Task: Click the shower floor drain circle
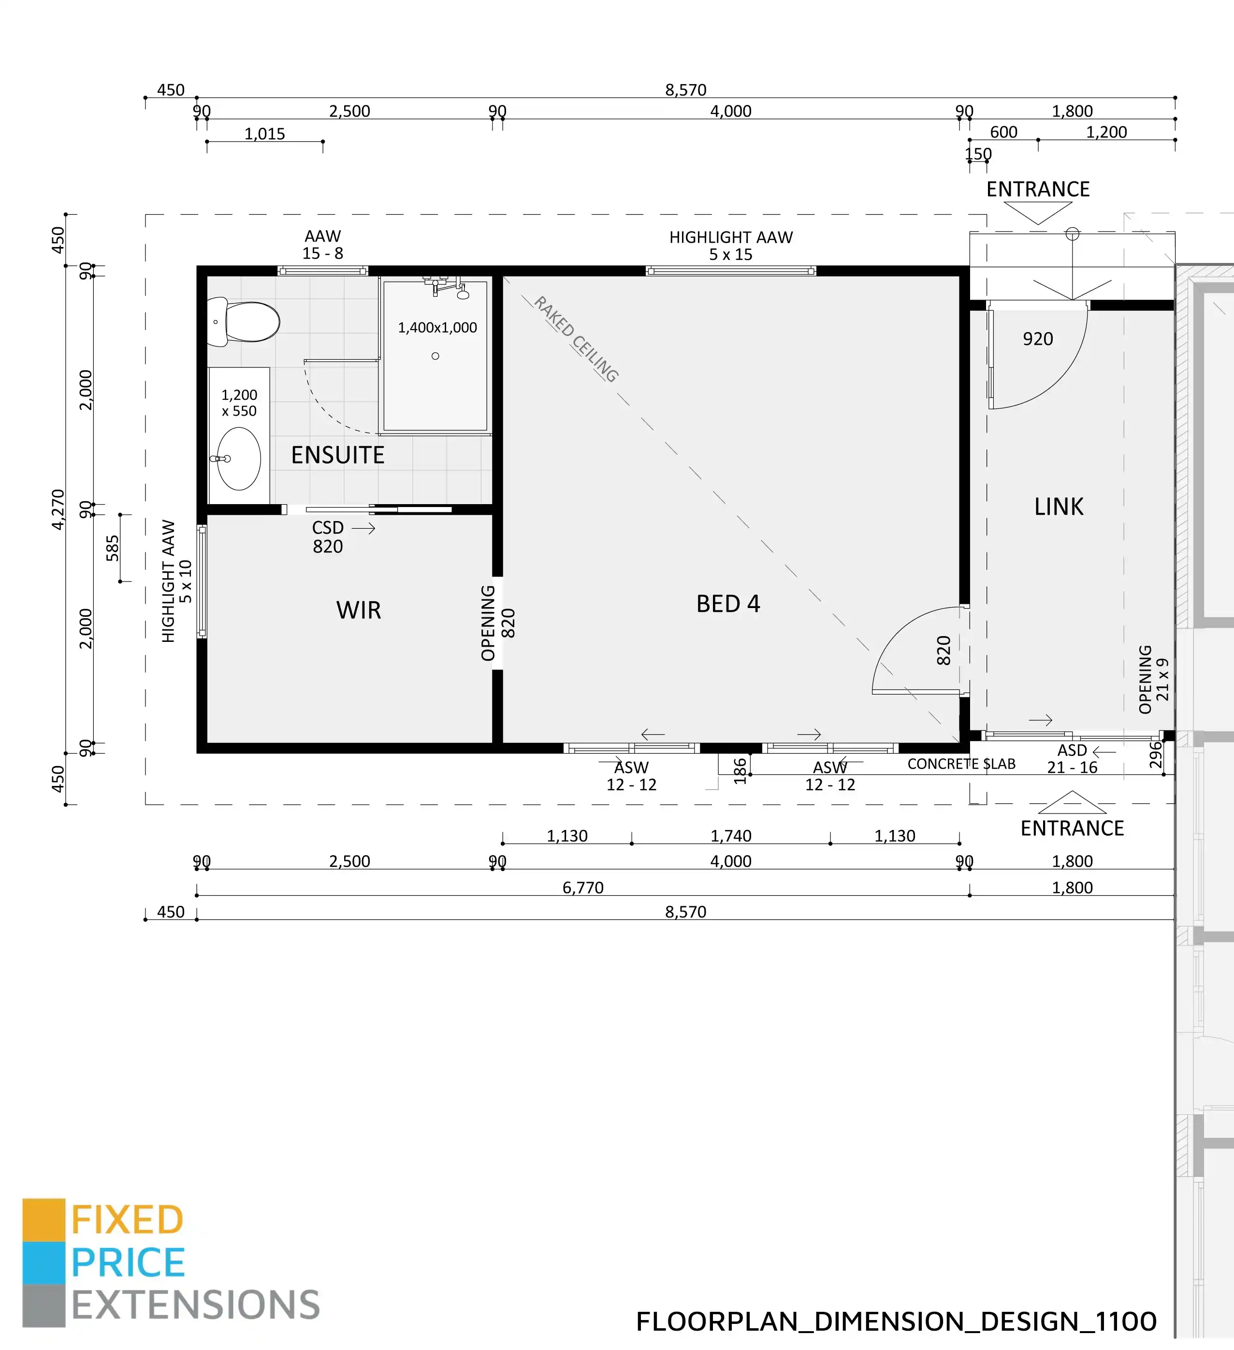(x=435, y=356)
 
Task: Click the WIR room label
(x=359, y=610)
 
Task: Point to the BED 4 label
(x=728, y=604)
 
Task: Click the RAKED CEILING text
(x=576, y=339)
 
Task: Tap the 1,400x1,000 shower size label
(x=437, y=327)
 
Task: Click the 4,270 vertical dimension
(x=58, y=509)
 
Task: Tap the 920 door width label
(x=1038, y=339)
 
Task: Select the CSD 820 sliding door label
(x=328, y=537)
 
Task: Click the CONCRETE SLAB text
(x=961, y=764)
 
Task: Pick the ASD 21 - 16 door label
(x=1072, y=759)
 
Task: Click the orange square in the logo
(x=44, y=1219)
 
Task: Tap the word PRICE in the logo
(x=128, y=1263)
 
